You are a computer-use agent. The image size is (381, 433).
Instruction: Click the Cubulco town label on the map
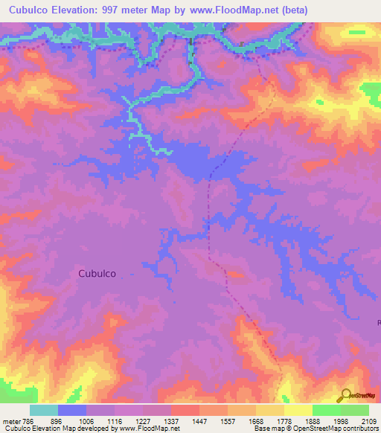coord(97,273)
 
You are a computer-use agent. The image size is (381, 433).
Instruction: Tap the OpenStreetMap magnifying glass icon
coord(345,395)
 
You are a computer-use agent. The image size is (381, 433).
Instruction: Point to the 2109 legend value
coord(368,420)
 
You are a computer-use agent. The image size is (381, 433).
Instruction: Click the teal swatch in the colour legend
coord(44,410)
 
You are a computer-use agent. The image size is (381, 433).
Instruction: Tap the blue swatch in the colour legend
coord(72,410)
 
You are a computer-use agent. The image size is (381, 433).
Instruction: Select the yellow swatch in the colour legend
coord(298,410)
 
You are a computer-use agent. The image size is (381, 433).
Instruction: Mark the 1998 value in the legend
coord(339,420)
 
